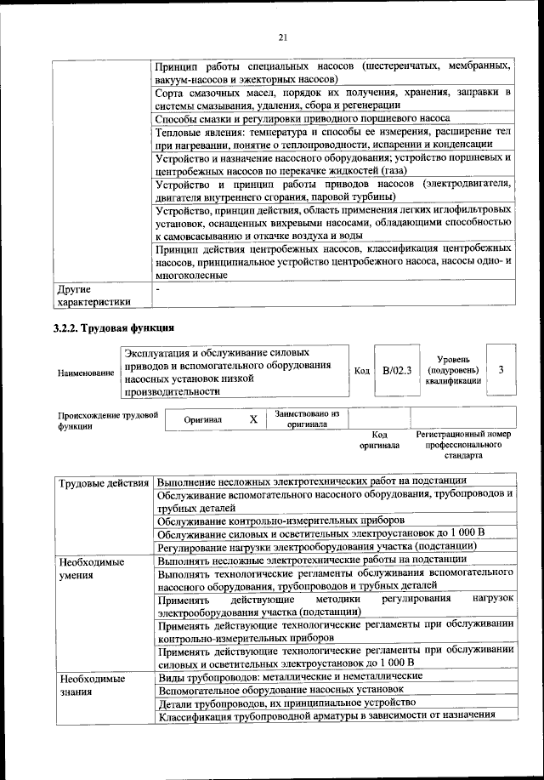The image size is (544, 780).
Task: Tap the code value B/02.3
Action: (396, 370)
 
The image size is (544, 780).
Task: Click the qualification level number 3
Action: (501, 370)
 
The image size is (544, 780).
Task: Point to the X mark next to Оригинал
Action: (252, 419)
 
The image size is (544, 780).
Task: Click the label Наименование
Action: (85, 373)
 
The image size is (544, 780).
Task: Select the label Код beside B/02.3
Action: (361, 371)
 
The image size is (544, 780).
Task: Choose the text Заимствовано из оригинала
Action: (307, 418)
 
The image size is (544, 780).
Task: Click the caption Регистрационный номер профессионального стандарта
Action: (463, 444)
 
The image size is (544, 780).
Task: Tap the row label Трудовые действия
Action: (104, 484)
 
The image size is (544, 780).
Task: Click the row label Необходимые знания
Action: (85, 686)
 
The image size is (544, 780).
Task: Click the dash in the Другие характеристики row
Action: (159, 290)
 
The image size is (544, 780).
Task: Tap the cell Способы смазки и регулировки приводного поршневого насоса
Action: (303, 118)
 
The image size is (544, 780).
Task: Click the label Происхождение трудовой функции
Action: (108, 421)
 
